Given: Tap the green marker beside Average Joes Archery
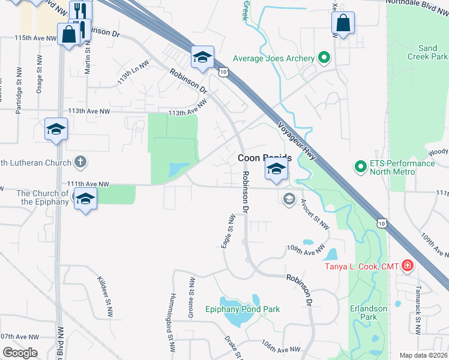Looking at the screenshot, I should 325,58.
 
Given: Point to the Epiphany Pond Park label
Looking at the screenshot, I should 243,310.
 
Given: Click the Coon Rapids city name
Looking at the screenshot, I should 265,158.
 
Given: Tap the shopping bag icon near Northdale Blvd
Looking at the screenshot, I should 343,24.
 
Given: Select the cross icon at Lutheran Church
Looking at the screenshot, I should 80,162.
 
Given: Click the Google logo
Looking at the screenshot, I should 20,353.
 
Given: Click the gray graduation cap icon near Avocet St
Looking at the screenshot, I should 289,198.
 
